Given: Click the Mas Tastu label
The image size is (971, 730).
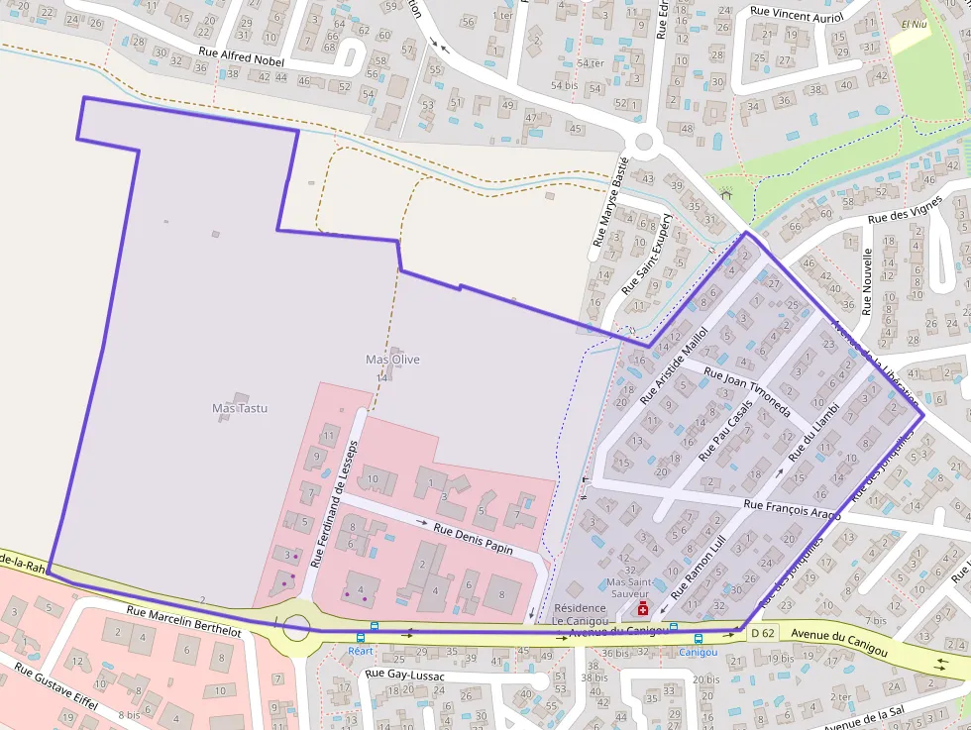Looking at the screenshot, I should point(240,408).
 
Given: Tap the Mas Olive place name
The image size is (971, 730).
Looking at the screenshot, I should point(392,360).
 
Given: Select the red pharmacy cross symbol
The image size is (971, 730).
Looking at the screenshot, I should point(643,608).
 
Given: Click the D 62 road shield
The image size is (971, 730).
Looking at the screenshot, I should point(762,633).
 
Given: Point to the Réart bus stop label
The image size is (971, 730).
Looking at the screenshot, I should point(361,651).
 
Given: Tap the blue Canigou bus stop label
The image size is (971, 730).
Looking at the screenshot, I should point(699,652).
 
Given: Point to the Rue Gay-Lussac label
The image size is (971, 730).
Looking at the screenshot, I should point(405,675).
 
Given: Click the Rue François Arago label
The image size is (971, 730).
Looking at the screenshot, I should point(792,509).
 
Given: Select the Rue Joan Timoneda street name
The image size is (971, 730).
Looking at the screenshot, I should point(746,393).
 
